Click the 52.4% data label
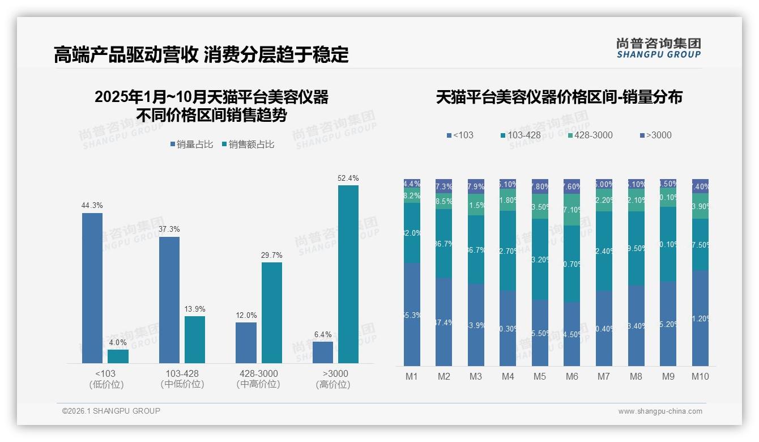pyautogui.click(x=348, y=178)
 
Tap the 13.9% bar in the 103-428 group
pyautogui.click(x=195, y=339)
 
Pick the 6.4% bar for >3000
pyautogui.click(x=323, y=352)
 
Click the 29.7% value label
pyautogui.click(x=271, y=255)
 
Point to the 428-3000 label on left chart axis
pyautogui.click(x=258, y=373)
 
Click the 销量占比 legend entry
pyautogui.click(x=192, y=144)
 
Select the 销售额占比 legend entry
pyautogui.click(x=249, y=144)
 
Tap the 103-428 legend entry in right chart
pyautogui.click(x=521, y=135)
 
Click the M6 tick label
pyautogui.click(x=572, y=376)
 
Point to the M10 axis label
pyautogui.click(x=700, y=376)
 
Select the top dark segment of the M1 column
pyautogui.click(x=412, y=183)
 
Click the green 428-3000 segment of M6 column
pyautogui.click(x=572, y=210)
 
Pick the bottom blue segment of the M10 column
pyautogui.click(x=700, y=318)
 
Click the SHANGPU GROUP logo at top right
pyautogui.click(x=658, y=48)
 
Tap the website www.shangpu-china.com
pyautogui.click(x=660, y=411)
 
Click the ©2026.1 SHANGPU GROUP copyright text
pyautogui.click(x=111, y=411)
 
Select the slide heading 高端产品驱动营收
pyautogui.click(x=126, y=54)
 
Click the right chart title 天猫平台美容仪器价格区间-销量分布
pyautogui.click(x=559, y=97)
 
